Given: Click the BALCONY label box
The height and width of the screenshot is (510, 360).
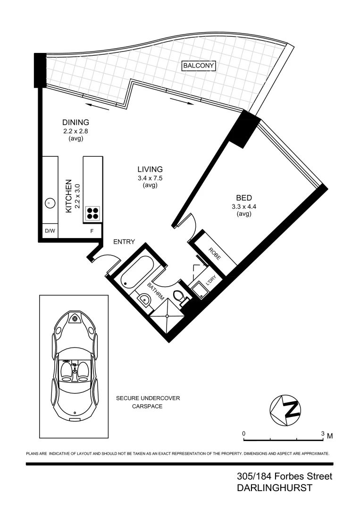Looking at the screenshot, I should point(199,66).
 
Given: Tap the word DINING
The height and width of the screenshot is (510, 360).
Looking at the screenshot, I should point(75,122).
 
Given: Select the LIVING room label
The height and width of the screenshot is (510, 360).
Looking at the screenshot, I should point(150,169).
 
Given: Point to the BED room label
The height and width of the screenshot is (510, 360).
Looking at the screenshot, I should point(244,197).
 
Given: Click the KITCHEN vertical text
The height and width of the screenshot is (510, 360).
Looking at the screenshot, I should point(68,196).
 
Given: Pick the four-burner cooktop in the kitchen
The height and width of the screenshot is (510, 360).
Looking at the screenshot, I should point(93,213).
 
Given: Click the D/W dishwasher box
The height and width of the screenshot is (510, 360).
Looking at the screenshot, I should point(50,231).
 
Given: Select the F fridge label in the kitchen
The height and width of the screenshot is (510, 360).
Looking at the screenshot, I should point(92,231).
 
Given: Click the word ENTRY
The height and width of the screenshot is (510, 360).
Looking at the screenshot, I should point(124,242).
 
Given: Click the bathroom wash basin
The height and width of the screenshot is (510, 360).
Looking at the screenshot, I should point(144,299).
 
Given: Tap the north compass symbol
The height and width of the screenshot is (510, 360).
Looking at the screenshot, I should point(285,408).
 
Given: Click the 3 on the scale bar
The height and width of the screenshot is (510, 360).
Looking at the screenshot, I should point(323,433).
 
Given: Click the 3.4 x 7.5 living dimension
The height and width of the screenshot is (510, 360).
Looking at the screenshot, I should point(150,178).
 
